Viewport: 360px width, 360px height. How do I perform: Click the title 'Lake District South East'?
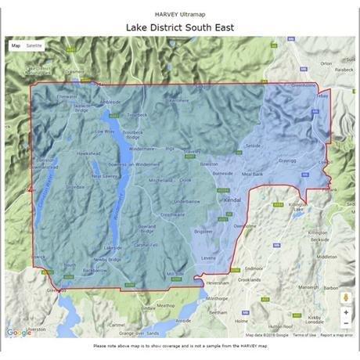(180, 27)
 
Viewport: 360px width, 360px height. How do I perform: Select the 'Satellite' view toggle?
(34, 46)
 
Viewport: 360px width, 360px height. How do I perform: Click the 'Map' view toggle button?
(16, 46)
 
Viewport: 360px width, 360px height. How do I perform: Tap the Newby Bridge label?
(107, 259)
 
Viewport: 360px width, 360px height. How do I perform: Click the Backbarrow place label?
(94, 270)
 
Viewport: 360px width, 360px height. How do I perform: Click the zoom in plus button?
(345, 311)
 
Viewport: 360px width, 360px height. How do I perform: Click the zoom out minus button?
(345, 324)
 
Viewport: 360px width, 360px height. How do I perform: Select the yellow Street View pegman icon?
(345, 297)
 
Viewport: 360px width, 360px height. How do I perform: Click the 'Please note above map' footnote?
(180, 345)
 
